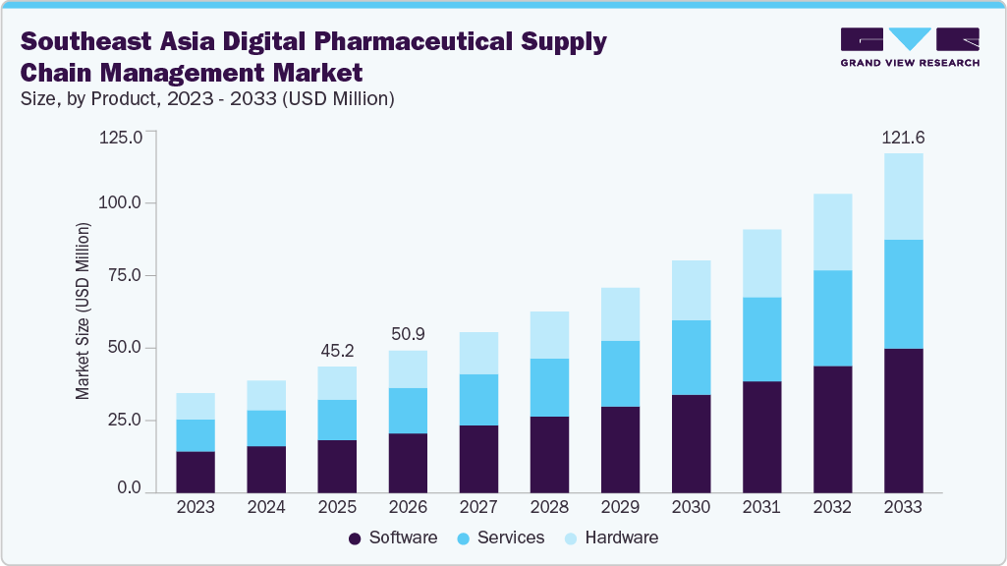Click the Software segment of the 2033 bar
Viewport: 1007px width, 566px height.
904,420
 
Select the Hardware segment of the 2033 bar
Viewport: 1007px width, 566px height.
904,197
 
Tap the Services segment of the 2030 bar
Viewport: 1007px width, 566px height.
692,357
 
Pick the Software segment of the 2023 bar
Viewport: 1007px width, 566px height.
196,471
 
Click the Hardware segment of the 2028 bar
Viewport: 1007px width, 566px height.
549,335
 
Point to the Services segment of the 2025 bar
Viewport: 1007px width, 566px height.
337,420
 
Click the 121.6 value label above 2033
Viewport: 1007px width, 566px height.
904,139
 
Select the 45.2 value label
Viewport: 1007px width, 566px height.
337,351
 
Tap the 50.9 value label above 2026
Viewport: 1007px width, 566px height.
408,335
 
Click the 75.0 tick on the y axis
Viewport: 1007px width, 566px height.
124,276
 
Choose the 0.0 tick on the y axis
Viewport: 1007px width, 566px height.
129,488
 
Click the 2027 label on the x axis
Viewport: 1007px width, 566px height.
478,508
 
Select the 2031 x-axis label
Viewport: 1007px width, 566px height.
762,508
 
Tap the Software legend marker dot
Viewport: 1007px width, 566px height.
354,538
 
